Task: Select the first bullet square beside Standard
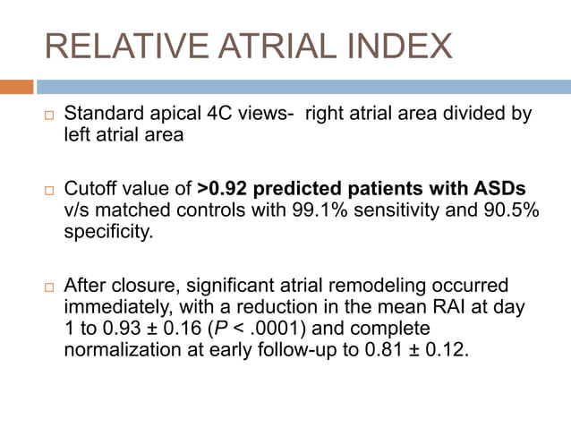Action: pos(50,116)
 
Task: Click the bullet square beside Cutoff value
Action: pos(50,190)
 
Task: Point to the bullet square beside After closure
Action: pos(50,287)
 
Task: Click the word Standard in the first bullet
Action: pos(103,115)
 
